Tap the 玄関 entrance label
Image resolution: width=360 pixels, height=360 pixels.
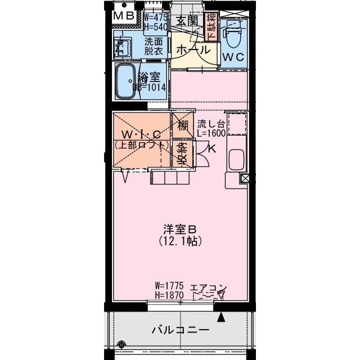[187, 21]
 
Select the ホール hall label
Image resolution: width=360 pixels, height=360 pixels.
[193, 50]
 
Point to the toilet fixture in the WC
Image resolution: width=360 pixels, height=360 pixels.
[232, 34]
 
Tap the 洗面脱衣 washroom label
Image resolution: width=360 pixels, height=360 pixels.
[153, 46]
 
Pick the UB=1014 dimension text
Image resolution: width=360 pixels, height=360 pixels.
[149, 87]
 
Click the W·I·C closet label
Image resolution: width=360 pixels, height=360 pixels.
[142, 135]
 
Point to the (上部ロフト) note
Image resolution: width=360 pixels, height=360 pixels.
[142, 145]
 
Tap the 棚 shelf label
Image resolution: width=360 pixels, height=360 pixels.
[183, 125]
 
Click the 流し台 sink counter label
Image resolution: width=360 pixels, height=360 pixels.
[211, 124]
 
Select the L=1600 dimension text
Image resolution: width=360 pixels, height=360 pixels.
[211, 134]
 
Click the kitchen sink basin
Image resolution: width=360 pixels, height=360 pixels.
[236, 161]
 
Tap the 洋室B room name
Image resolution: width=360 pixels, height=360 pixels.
[179, 229]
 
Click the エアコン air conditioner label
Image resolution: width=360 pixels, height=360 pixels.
[208, 289]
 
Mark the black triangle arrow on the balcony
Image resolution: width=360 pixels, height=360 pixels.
[222, 317]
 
